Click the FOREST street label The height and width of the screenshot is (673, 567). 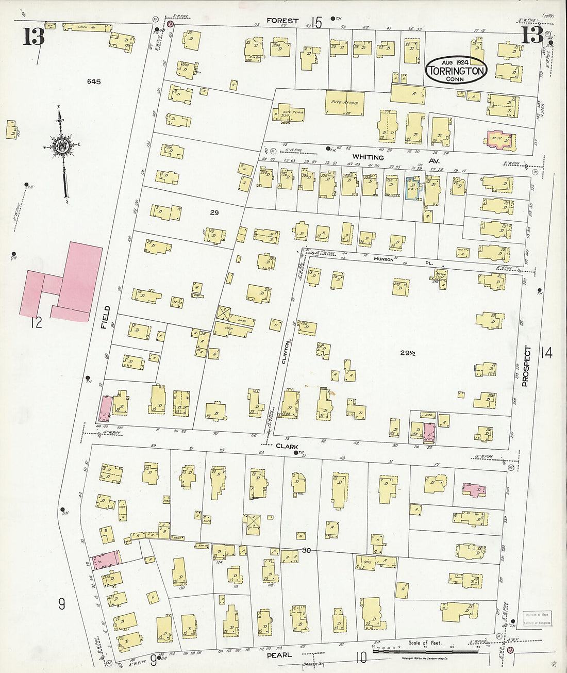pyautogui.click(x=282, y=21)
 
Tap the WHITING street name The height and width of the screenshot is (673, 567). pyautogui.click(x=368, y=157)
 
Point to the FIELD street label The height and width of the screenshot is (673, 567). pyautogui.click(x=106, y=317)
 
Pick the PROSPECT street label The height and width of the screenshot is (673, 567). pyautogui.click(x=525, y=365)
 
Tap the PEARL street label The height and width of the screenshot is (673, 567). pyautogui.click(x=279, y=655)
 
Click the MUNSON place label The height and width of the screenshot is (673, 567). pyautogui.click(x=383, y=259)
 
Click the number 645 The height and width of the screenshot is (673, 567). pyautogui.click(x=94, y=81)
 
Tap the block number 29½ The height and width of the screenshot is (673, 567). pyautogui.click(x=408, y=353)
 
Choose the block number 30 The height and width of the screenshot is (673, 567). pyautogui.click(x=306, y=551)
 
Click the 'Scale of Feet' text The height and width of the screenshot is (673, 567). pyautogui.click(x=425, y=643)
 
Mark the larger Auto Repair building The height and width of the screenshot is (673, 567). pyautogui.click(x=345, y=103)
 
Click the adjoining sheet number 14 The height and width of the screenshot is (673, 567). pyautogui.click(x=546, y=353)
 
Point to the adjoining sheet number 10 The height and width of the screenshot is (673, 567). pyautogui.click(x=361, y=657)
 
